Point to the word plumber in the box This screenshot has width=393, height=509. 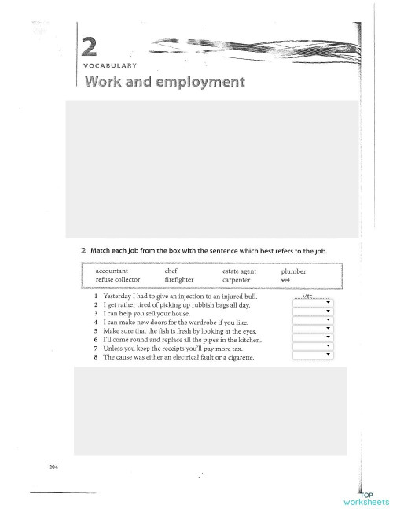pos(293,271)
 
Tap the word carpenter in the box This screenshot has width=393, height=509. pos(237,279)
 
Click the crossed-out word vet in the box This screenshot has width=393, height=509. pos(285,279)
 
